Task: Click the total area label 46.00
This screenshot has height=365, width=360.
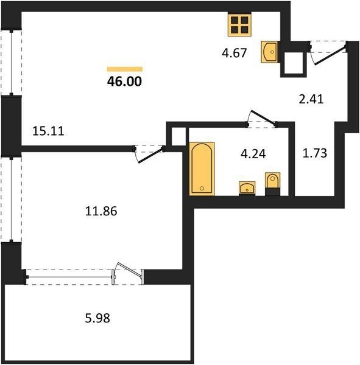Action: (124, 82)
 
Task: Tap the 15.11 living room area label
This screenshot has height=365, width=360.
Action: (48, 131)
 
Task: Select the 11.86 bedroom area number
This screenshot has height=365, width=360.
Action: (101, 211)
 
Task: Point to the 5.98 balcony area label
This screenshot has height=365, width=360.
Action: (97, 318)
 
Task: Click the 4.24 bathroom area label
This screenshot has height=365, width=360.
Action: (253, 154)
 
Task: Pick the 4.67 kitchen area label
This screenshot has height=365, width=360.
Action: (234, 53)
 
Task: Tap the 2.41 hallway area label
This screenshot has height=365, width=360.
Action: (311, 99)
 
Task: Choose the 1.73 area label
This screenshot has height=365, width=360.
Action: (315, 153)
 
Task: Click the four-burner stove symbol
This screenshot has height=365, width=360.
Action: (239, 24)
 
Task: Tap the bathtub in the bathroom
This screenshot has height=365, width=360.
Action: (202, 169)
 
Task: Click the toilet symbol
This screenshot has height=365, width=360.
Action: (272, 184)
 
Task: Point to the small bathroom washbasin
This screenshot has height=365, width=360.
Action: (247, 188)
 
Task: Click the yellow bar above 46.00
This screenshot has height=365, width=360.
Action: (125, 69)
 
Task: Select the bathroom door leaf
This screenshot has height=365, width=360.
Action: (262, 117)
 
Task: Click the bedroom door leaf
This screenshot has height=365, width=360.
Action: (150, 155)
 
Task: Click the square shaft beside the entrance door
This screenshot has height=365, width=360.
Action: (294, 63)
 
